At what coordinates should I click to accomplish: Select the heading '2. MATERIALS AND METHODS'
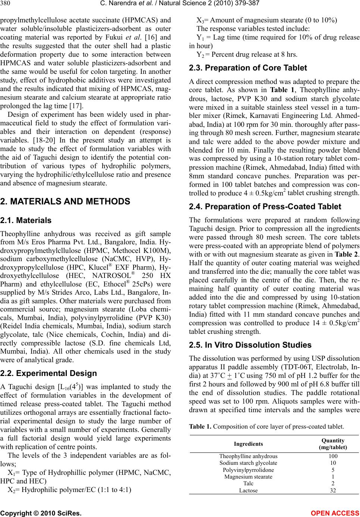point(65,201)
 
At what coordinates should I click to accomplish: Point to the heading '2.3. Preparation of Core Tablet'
point(248,68)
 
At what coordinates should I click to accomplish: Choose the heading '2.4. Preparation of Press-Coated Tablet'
point(265,207)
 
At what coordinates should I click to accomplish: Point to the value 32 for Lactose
point(333,490)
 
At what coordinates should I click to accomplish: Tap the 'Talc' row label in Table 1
point(248,483)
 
